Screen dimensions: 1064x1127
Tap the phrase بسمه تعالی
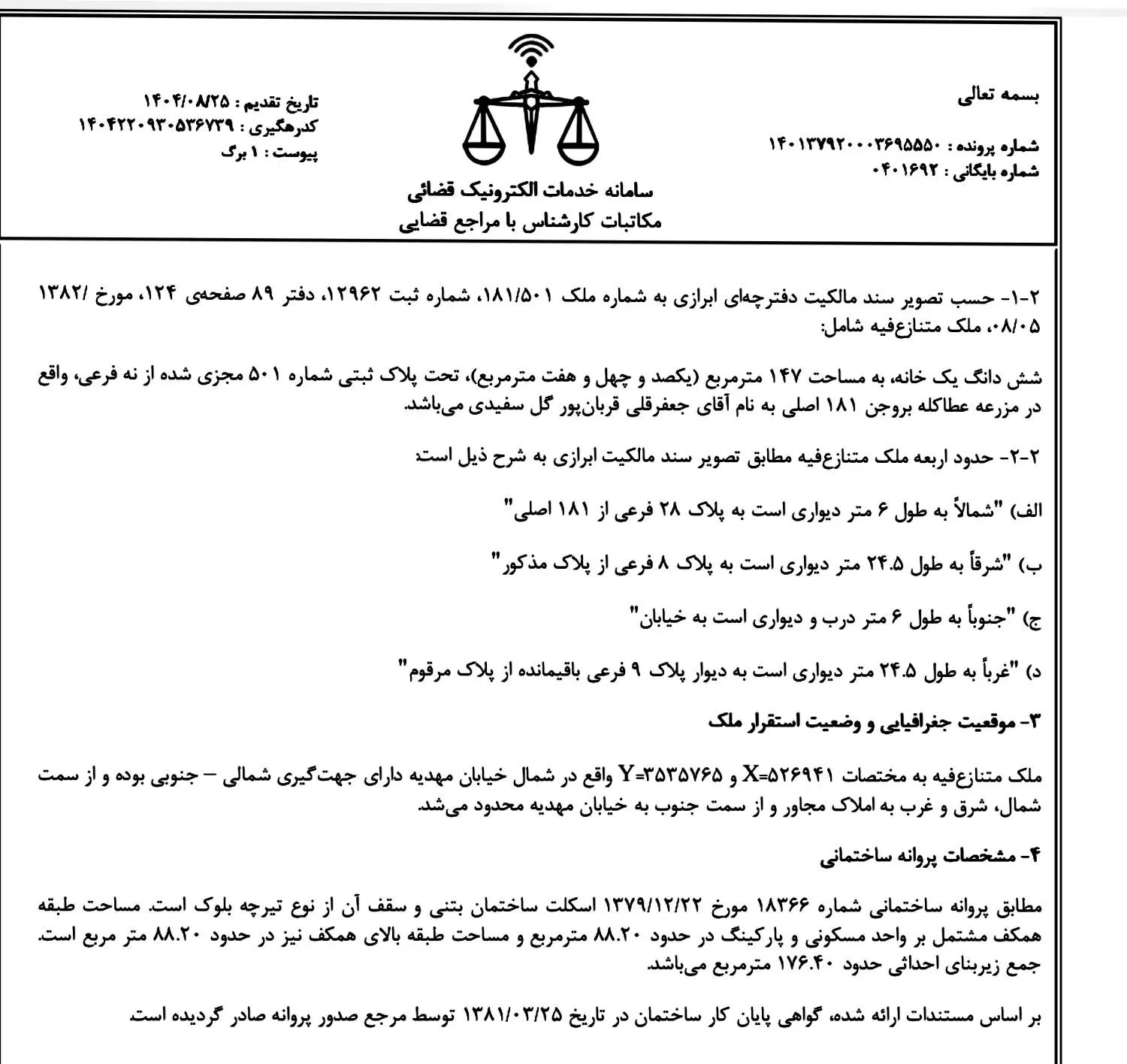coord(999,97)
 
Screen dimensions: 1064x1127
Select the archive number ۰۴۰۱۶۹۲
coord(906,171)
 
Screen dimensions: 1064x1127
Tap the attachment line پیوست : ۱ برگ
coord(269,152)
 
